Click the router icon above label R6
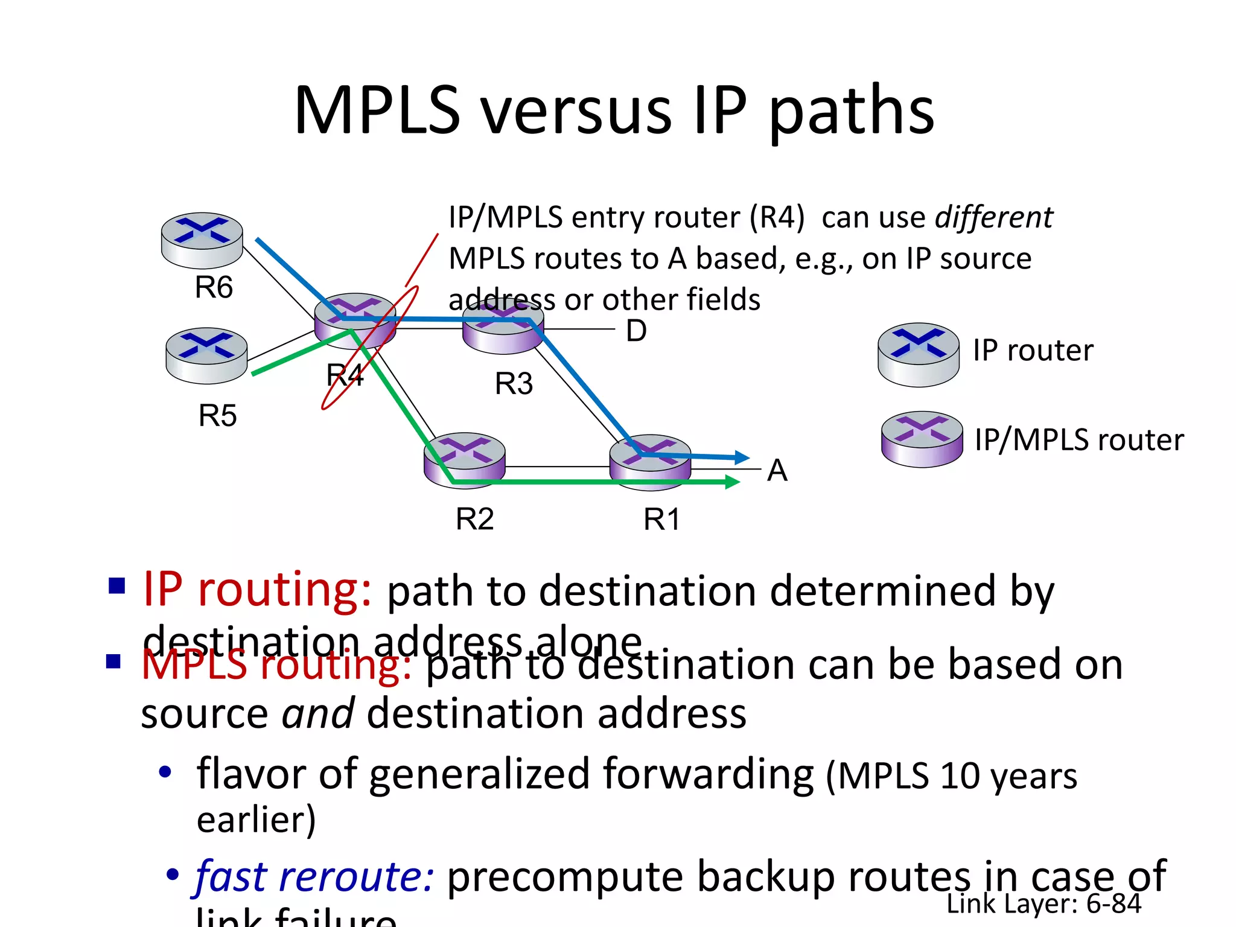[x=202, y=240]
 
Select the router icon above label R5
[x=206, y=355]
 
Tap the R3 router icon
[x=503, y=329]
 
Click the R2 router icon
[x=464, y=460]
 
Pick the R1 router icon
[x=650, y=462]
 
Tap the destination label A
[x=777, y=470]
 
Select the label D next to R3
[x=636, y=331]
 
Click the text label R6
[x=214, y=287]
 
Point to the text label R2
[x=474, y=519]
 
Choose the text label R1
[x=662, y=519]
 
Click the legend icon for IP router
[x=918, y=354]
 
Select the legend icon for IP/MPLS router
[x=922, y=439]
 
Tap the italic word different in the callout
[x=993, y=217]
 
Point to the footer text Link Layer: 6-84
[x=1043, y=903]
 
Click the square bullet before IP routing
[x=116, y=585]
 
